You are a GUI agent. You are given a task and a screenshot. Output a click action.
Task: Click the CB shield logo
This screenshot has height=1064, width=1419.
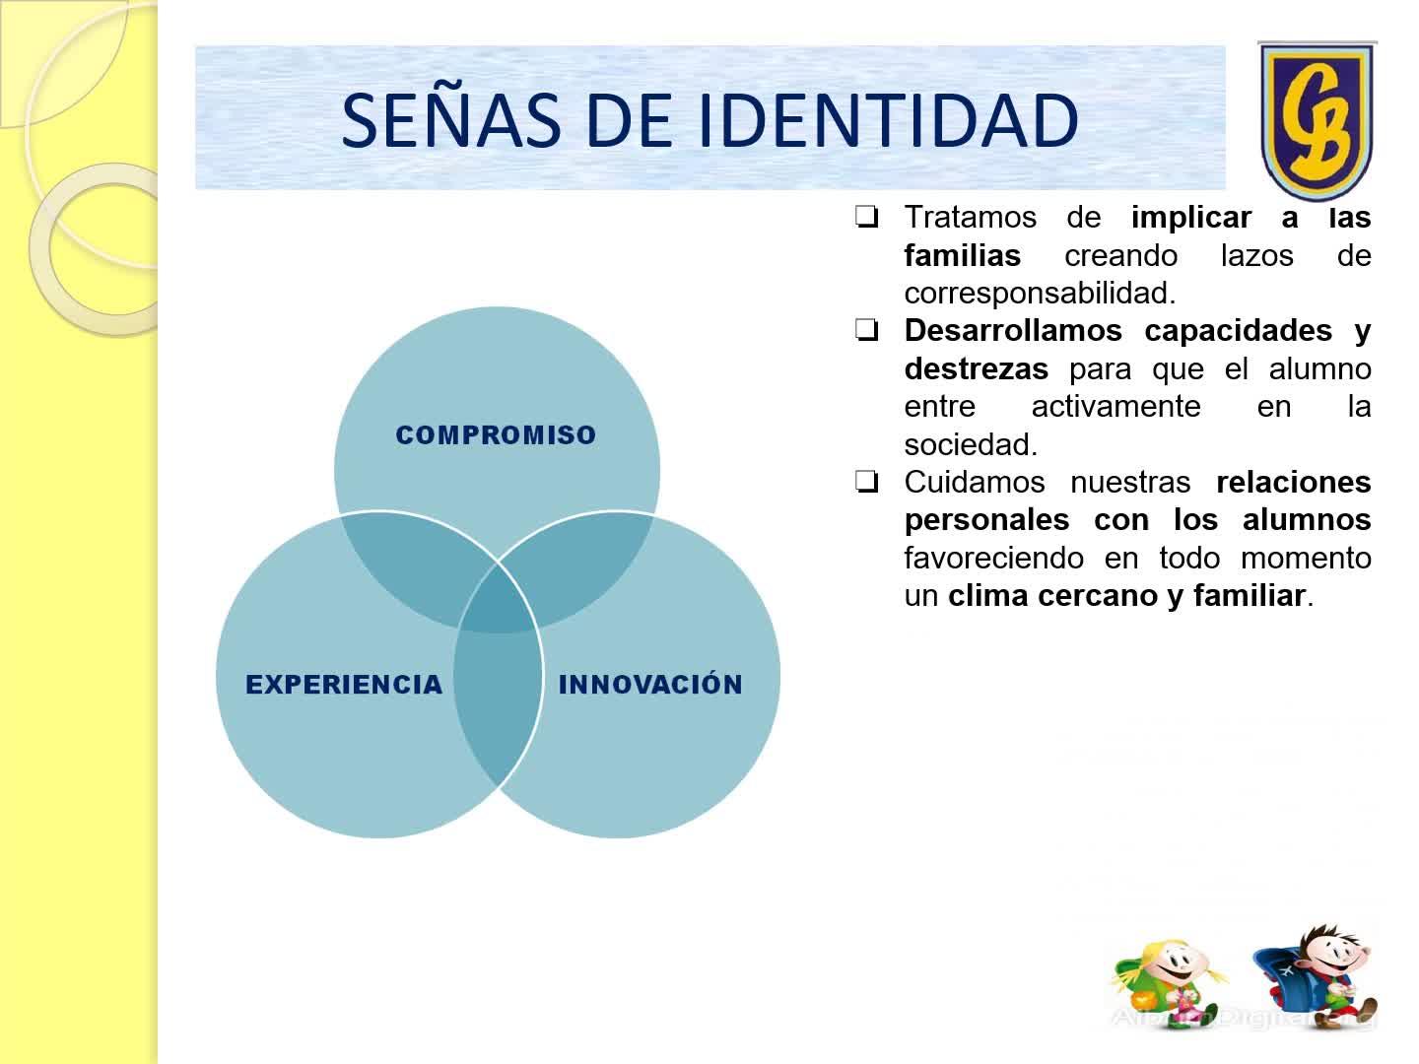pos(1317,120)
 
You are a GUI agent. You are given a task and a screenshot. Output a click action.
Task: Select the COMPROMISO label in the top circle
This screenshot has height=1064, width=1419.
pos(496,434)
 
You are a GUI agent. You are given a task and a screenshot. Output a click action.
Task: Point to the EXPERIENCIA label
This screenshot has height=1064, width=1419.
pos(344,685)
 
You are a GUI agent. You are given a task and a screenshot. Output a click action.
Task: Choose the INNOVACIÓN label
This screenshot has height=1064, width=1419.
pos(650,683)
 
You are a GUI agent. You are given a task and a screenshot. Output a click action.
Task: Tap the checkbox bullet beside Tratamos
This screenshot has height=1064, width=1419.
pos(866,217)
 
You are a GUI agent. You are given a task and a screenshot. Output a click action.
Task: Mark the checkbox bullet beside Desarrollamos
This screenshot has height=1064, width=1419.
pos(866,331)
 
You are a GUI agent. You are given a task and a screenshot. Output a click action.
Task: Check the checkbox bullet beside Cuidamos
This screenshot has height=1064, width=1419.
pos(866,482)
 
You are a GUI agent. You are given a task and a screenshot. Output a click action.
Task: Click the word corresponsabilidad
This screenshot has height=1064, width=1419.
pos(1040,295)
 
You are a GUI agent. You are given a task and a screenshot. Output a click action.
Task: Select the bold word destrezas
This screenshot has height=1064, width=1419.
pos(977,369)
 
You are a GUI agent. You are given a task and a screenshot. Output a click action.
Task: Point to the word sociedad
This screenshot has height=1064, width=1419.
pos(971,444)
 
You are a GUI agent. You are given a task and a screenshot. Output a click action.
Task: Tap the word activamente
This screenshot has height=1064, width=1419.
pos(1115,407)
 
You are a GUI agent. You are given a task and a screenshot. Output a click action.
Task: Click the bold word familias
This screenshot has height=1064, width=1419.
pos(963,255)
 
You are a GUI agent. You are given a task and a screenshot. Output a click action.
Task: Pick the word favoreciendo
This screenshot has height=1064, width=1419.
pos(993,559)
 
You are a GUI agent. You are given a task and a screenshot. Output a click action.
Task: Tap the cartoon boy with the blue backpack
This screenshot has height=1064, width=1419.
pos(1315,975)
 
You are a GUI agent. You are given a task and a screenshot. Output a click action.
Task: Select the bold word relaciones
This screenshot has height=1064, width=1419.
pos(1294,483)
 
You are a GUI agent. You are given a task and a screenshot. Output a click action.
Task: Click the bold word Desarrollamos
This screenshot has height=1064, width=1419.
pos(1013,331)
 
